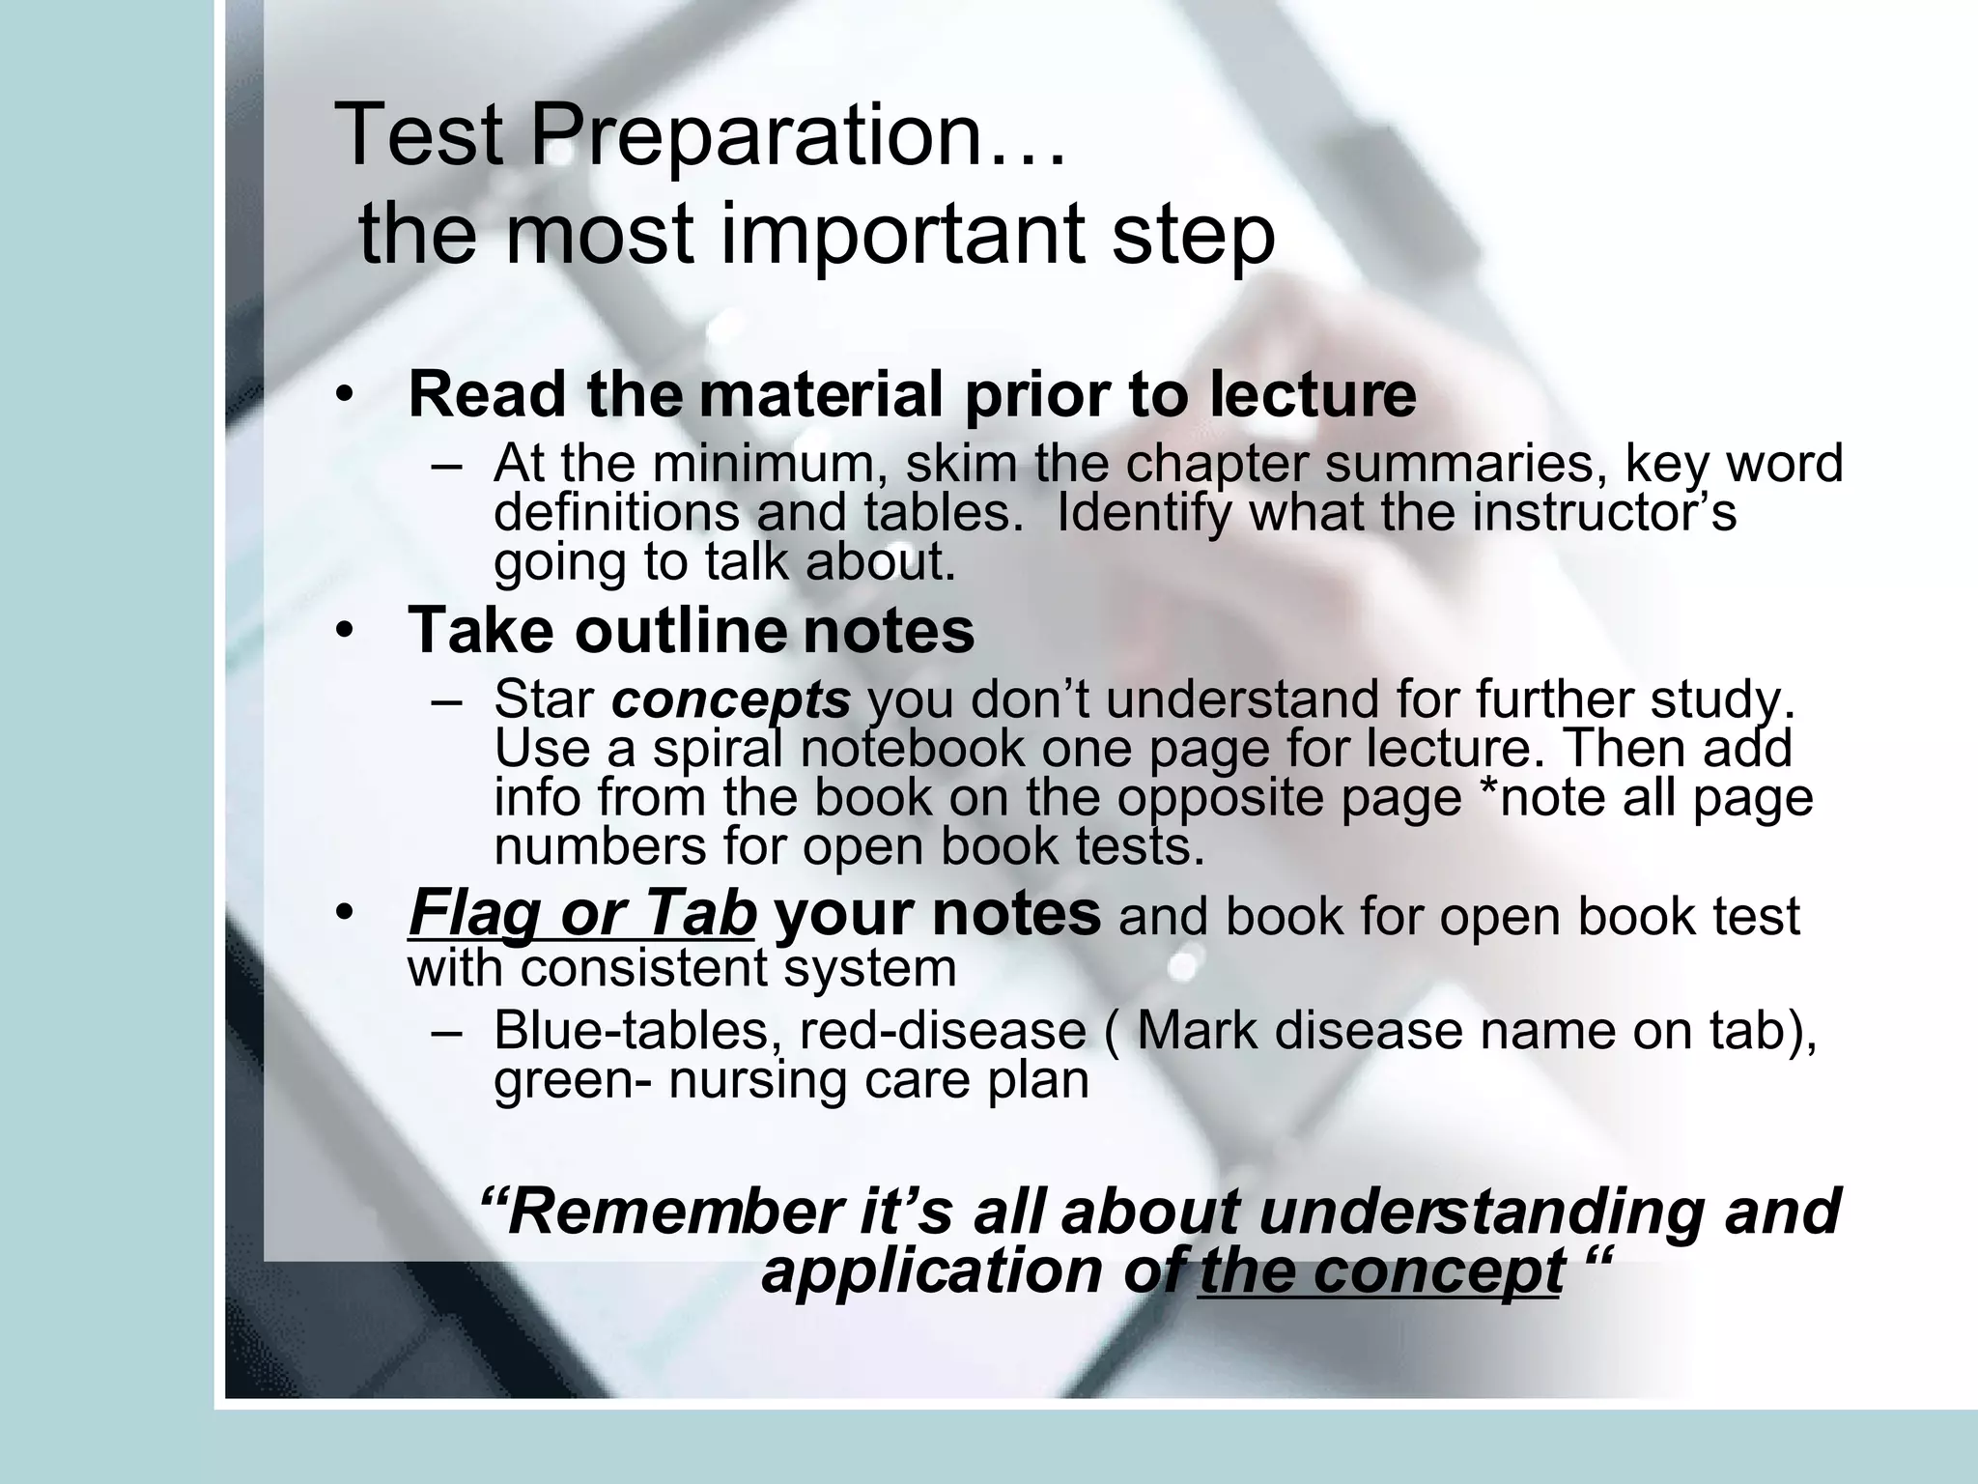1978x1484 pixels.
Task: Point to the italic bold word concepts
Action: click(731, 699)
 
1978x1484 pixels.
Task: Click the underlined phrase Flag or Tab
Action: click(581, 913)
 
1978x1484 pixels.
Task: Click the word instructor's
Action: click(1604, 512)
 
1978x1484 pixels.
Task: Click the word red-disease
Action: click(943, 1030)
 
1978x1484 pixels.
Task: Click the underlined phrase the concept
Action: click(1379, 1270)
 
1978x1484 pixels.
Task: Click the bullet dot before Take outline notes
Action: click(345, 631)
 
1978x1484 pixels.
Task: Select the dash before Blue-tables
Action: click(445, 1032)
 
